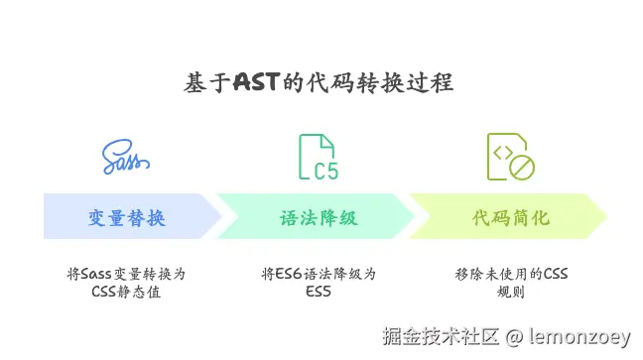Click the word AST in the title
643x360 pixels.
point(257,82)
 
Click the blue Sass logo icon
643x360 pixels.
point(126,157)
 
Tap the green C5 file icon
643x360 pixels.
point(319,157)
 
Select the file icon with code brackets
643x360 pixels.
point(511,157)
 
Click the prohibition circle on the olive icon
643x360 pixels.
point(522,168)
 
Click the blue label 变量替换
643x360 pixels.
point(127,218)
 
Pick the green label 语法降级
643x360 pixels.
point(319,218)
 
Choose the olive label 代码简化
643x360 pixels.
point(511,218)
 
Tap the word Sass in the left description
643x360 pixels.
point(96,274)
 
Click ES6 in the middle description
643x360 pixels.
point(289,274)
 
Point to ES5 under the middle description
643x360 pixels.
point(319,292)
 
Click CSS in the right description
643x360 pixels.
point(556,274)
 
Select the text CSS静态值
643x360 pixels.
point(126,292)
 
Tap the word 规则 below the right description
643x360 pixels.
point(511,292)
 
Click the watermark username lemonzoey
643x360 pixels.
point(579,336)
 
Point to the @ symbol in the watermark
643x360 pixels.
point(514,337)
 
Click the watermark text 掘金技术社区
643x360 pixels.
point(441,336)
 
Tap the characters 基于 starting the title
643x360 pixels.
point(207,82)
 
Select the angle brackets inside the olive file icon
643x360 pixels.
point(503,153)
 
